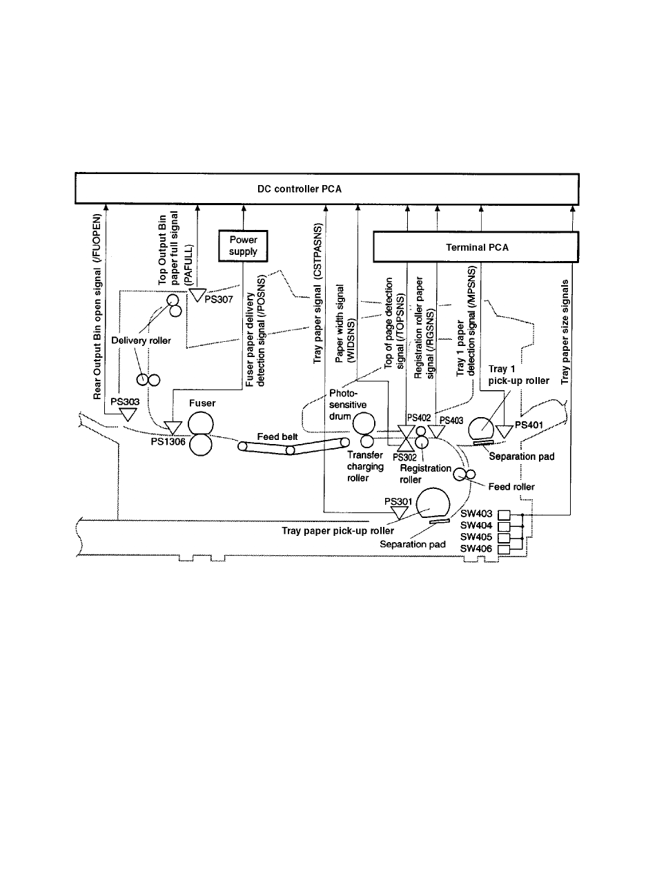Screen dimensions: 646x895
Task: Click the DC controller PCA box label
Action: pyautogui.click(x=300, y=189)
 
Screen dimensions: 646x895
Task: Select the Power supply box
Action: pyautogui.click(x=243, y=246)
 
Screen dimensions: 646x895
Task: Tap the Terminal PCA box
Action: pyautogui.click(x=476, y=247)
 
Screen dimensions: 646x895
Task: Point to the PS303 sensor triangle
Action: pyautogui.click(x=128, y=414)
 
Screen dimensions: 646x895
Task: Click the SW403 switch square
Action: pyautogui.click(x=505, y=514)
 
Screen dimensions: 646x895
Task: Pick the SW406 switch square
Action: pyautogui.click(x=505, y=549)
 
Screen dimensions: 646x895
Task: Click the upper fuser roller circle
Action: pyautogui.click(x=201, y=423)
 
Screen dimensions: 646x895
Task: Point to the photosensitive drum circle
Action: pyautogui.click(x=364, y=424)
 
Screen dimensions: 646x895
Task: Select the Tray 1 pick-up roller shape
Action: pyautogui.click(x=482, y=430)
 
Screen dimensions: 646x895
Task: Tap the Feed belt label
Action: pyautogui.click(x=277, y=436)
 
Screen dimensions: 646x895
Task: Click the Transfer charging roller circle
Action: pyautogui.click(x=367, y=441)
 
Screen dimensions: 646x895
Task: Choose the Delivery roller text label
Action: pyautogui.click(x=141, y=340)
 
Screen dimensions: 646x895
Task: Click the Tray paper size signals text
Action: pyautogui.click(x=565, y=332)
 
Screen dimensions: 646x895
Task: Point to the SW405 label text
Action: pyautogui.click(x=476, y=537)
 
